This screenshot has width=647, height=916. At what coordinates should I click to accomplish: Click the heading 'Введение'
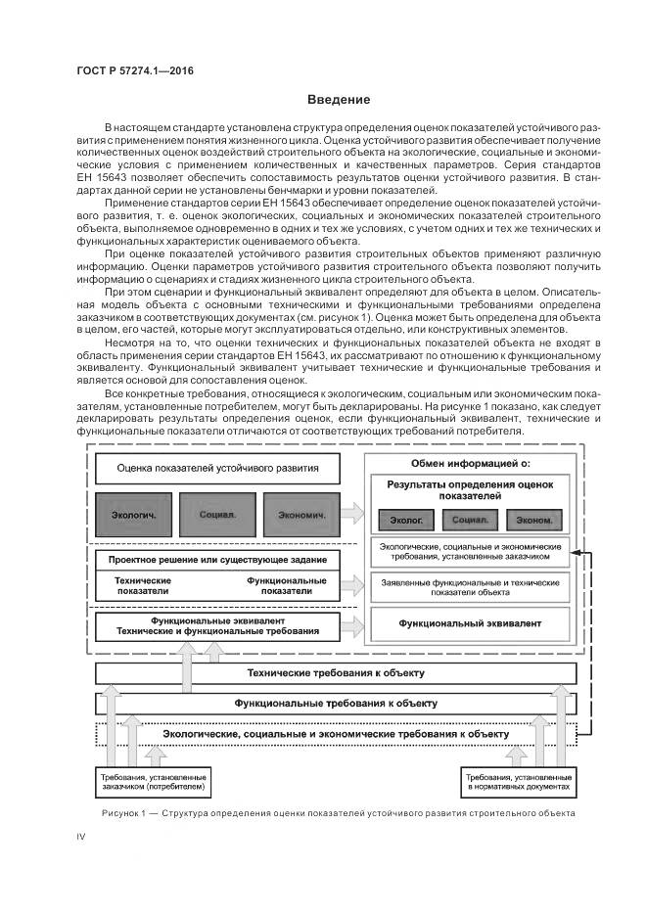339,100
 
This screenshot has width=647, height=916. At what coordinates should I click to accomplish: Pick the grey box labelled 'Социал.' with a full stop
217,514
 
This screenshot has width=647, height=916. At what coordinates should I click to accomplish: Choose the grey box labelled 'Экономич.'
300,514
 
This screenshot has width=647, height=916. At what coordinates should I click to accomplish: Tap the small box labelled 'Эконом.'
534,520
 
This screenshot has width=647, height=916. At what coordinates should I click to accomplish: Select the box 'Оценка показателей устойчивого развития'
217,468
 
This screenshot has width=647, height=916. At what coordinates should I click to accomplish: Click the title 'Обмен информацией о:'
470,462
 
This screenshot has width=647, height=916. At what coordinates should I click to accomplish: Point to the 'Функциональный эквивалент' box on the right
470,622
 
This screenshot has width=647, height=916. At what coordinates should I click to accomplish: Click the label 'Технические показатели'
143,586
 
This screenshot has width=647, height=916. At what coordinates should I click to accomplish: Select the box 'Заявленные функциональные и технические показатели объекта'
470,587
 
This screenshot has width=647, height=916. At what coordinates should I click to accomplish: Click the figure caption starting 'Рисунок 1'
337,814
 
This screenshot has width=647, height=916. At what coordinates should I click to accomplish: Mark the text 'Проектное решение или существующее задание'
217,558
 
